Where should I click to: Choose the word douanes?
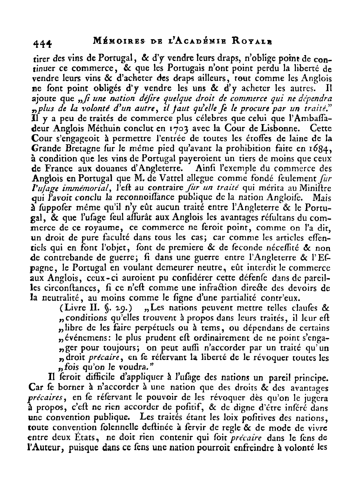coord(109,169)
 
